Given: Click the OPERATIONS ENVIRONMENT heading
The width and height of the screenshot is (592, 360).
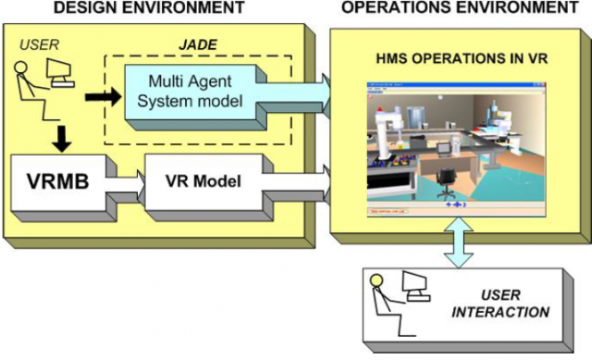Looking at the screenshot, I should pyautogui.click(x=453, y=9).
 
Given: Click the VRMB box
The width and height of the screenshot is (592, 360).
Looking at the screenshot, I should pyautogui.click(x=58, y=181).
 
